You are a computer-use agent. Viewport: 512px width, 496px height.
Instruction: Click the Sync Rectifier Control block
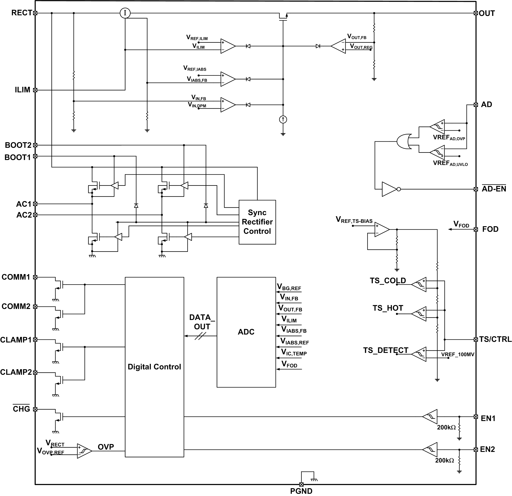[257, 222]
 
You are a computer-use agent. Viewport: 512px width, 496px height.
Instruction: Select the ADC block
[246, 332]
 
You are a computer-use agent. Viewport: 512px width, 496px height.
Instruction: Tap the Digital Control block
[154, 367]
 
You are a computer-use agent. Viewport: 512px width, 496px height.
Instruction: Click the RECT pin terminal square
[35, 13]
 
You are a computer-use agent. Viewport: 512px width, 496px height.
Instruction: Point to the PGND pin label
[301, 491]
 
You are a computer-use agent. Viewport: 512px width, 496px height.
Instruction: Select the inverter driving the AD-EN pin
[390, 189]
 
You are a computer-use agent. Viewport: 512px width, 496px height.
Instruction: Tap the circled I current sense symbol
[125, 13]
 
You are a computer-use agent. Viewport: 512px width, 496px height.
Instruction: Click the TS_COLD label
[388, 281]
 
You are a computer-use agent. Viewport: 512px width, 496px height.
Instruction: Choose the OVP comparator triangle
[84, 451]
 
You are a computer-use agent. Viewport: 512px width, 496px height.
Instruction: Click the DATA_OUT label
[202, 322]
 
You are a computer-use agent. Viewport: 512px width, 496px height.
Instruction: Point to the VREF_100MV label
[458, 354]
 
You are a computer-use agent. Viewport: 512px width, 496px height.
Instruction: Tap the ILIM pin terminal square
[35, 90]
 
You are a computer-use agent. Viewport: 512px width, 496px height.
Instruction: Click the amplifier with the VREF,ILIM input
[227, 46]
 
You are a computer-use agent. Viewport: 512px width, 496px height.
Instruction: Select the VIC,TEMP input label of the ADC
[294, 353]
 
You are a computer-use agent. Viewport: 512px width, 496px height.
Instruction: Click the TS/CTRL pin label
[495, 339]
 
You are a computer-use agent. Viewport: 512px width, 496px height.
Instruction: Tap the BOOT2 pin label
[18, 145]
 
